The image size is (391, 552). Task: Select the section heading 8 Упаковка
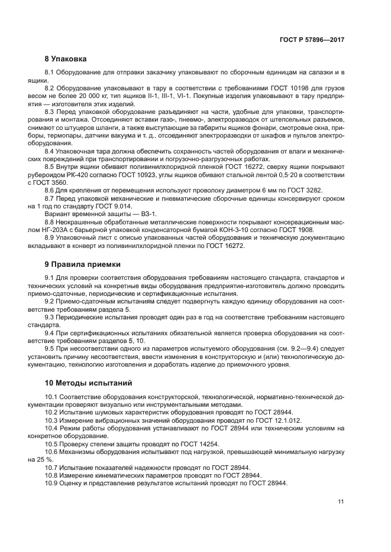coord(66,59)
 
